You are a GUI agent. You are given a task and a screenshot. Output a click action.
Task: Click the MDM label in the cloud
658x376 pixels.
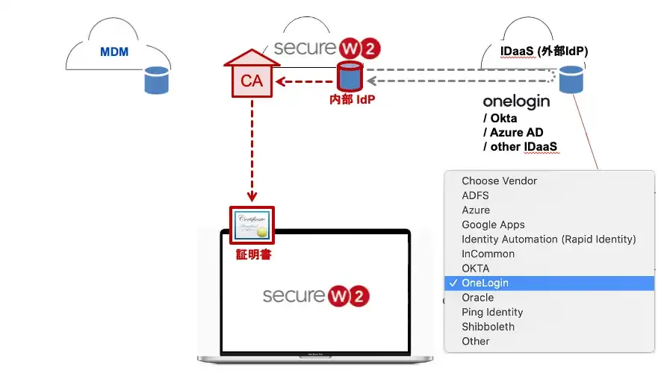click(114, 53)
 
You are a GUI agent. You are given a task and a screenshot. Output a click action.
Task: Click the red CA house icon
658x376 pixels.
click(252, 76)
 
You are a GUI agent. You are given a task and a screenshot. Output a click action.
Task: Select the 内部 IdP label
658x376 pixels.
click(352, 99)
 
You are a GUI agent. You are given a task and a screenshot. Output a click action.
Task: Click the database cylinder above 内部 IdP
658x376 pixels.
click(349, 76)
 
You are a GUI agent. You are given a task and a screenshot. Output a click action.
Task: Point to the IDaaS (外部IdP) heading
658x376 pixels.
click(543, 51)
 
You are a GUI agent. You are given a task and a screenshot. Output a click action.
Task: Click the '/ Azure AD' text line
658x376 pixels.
click(517, 132)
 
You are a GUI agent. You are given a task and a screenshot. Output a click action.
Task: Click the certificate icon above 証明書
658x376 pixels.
click(252, 225)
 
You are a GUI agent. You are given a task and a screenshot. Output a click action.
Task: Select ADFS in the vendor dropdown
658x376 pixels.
click(475, 195)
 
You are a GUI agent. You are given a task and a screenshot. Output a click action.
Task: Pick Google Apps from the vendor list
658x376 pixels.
click(493, 225)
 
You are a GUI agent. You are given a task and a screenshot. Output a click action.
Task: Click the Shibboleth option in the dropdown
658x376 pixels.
click(488, 327)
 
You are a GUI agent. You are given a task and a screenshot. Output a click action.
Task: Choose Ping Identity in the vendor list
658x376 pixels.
click(492, 312)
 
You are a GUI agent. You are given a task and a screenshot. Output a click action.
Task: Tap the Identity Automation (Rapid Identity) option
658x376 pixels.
click(548, 239)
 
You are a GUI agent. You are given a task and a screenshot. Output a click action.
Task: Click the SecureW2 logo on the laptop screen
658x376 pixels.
click(316, 295)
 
